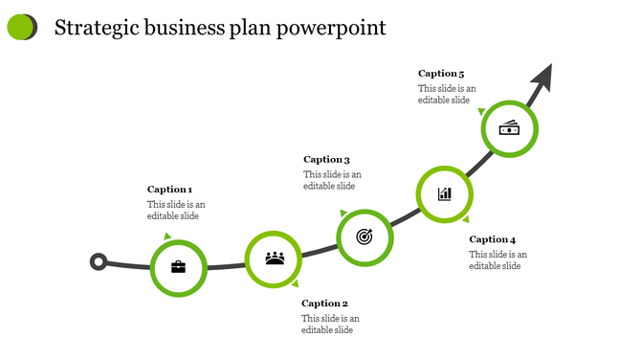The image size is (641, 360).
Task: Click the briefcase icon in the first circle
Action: [x=178, y=266]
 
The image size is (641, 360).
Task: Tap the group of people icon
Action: [x=275, y=258]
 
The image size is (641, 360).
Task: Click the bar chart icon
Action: [x=445, y=194]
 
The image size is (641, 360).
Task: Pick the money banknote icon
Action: [x=509, y=128]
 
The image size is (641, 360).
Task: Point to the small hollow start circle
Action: [x=98, y=261]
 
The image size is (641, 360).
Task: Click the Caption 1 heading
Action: [x=169, y=190]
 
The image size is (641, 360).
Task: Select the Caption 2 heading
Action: [x=325, y=304]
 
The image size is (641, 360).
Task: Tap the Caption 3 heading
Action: [x=326, y=160]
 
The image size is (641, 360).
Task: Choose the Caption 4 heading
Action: [x=492, y=239]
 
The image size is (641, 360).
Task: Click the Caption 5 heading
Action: [x=441, y=74]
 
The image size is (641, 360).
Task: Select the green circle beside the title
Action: [x=20, y=28]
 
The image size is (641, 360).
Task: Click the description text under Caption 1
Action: [x=175, y=210]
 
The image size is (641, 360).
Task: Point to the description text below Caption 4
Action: [x=497, y=259]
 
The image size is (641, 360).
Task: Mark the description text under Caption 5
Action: [x=446, y=94]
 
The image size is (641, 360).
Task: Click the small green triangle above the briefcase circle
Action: [x=167, y=236]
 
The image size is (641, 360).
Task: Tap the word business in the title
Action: [x=184, y=28]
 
